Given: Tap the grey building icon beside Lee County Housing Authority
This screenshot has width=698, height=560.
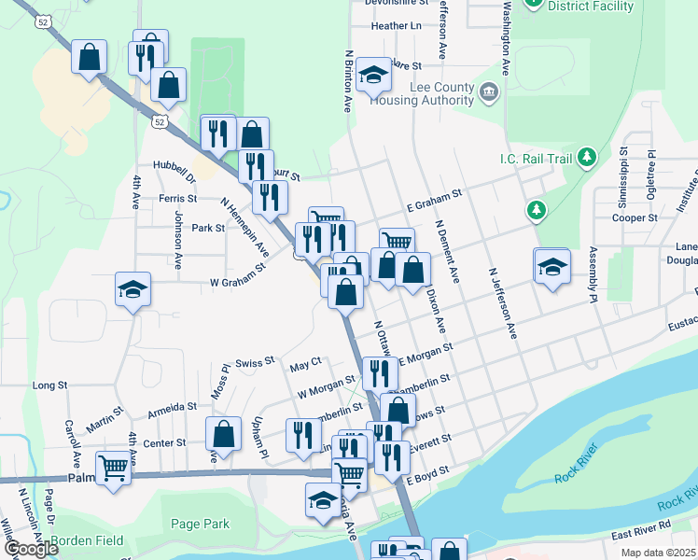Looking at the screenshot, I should coord(489,91).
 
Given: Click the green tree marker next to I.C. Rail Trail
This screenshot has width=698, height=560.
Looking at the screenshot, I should coord(587,157).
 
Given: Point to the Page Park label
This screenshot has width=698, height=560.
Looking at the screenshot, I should coord(200,525).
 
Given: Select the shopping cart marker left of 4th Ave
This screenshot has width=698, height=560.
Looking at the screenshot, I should coord(113,466).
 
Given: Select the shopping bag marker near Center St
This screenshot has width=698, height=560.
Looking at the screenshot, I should coord(223,433).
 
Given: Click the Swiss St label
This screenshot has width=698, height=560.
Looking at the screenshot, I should coord(255,362).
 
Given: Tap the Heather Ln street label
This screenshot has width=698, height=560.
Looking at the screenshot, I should coord(396,26).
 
